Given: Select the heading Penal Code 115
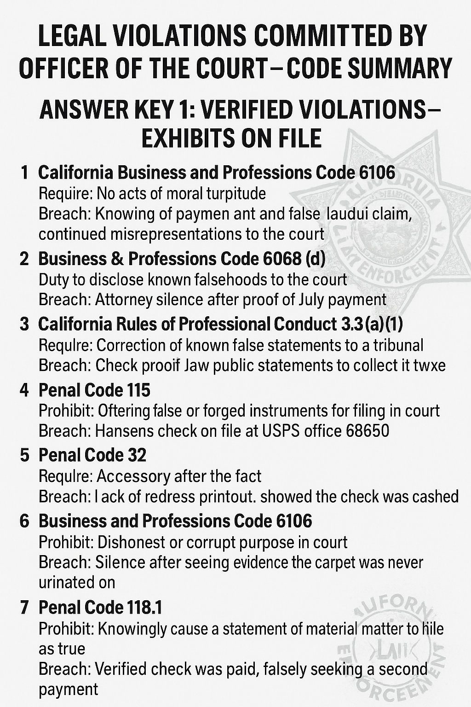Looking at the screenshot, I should pos(94,390).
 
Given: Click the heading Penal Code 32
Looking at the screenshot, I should pos(92,455).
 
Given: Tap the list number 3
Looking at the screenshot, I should pos(24,325).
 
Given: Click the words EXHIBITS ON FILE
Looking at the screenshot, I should pos(231,139).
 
